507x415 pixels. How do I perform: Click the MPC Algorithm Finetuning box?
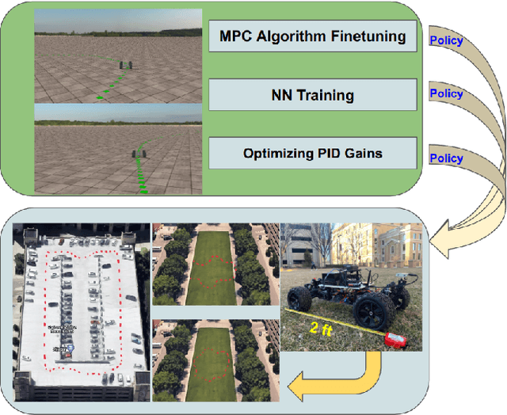pos(313,36)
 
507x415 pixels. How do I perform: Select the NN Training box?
pos(313,96)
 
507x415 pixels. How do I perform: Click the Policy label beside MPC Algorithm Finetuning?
pos(445,40)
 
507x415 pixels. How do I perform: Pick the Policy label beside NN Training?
pos(445,93)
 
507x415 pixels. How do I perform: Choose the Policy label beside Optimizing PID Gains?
pos(445,158)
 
